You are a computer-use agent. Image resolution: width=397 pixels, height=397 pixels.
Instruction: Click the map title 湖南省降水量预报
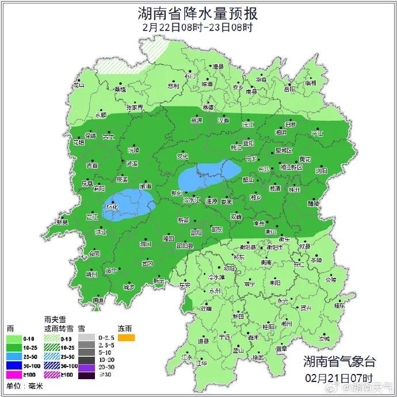coord(198,13)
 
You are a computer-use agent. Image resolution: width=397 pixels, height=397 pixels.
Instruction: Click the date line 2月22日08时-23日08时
coord(198,26)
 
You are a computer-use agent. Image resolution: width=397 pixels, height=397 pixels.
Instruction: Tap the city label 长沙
coord(264,170)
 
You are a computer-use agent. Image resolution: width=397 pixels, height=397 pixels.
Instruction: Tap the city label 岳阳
coord(289,89)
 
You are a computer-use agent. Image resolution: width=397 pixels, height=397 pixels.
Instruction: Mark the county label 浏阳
coord(320,171)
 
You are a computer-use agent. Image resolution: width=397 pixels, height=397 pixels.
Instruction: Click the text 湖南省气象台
coord(339,361)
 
